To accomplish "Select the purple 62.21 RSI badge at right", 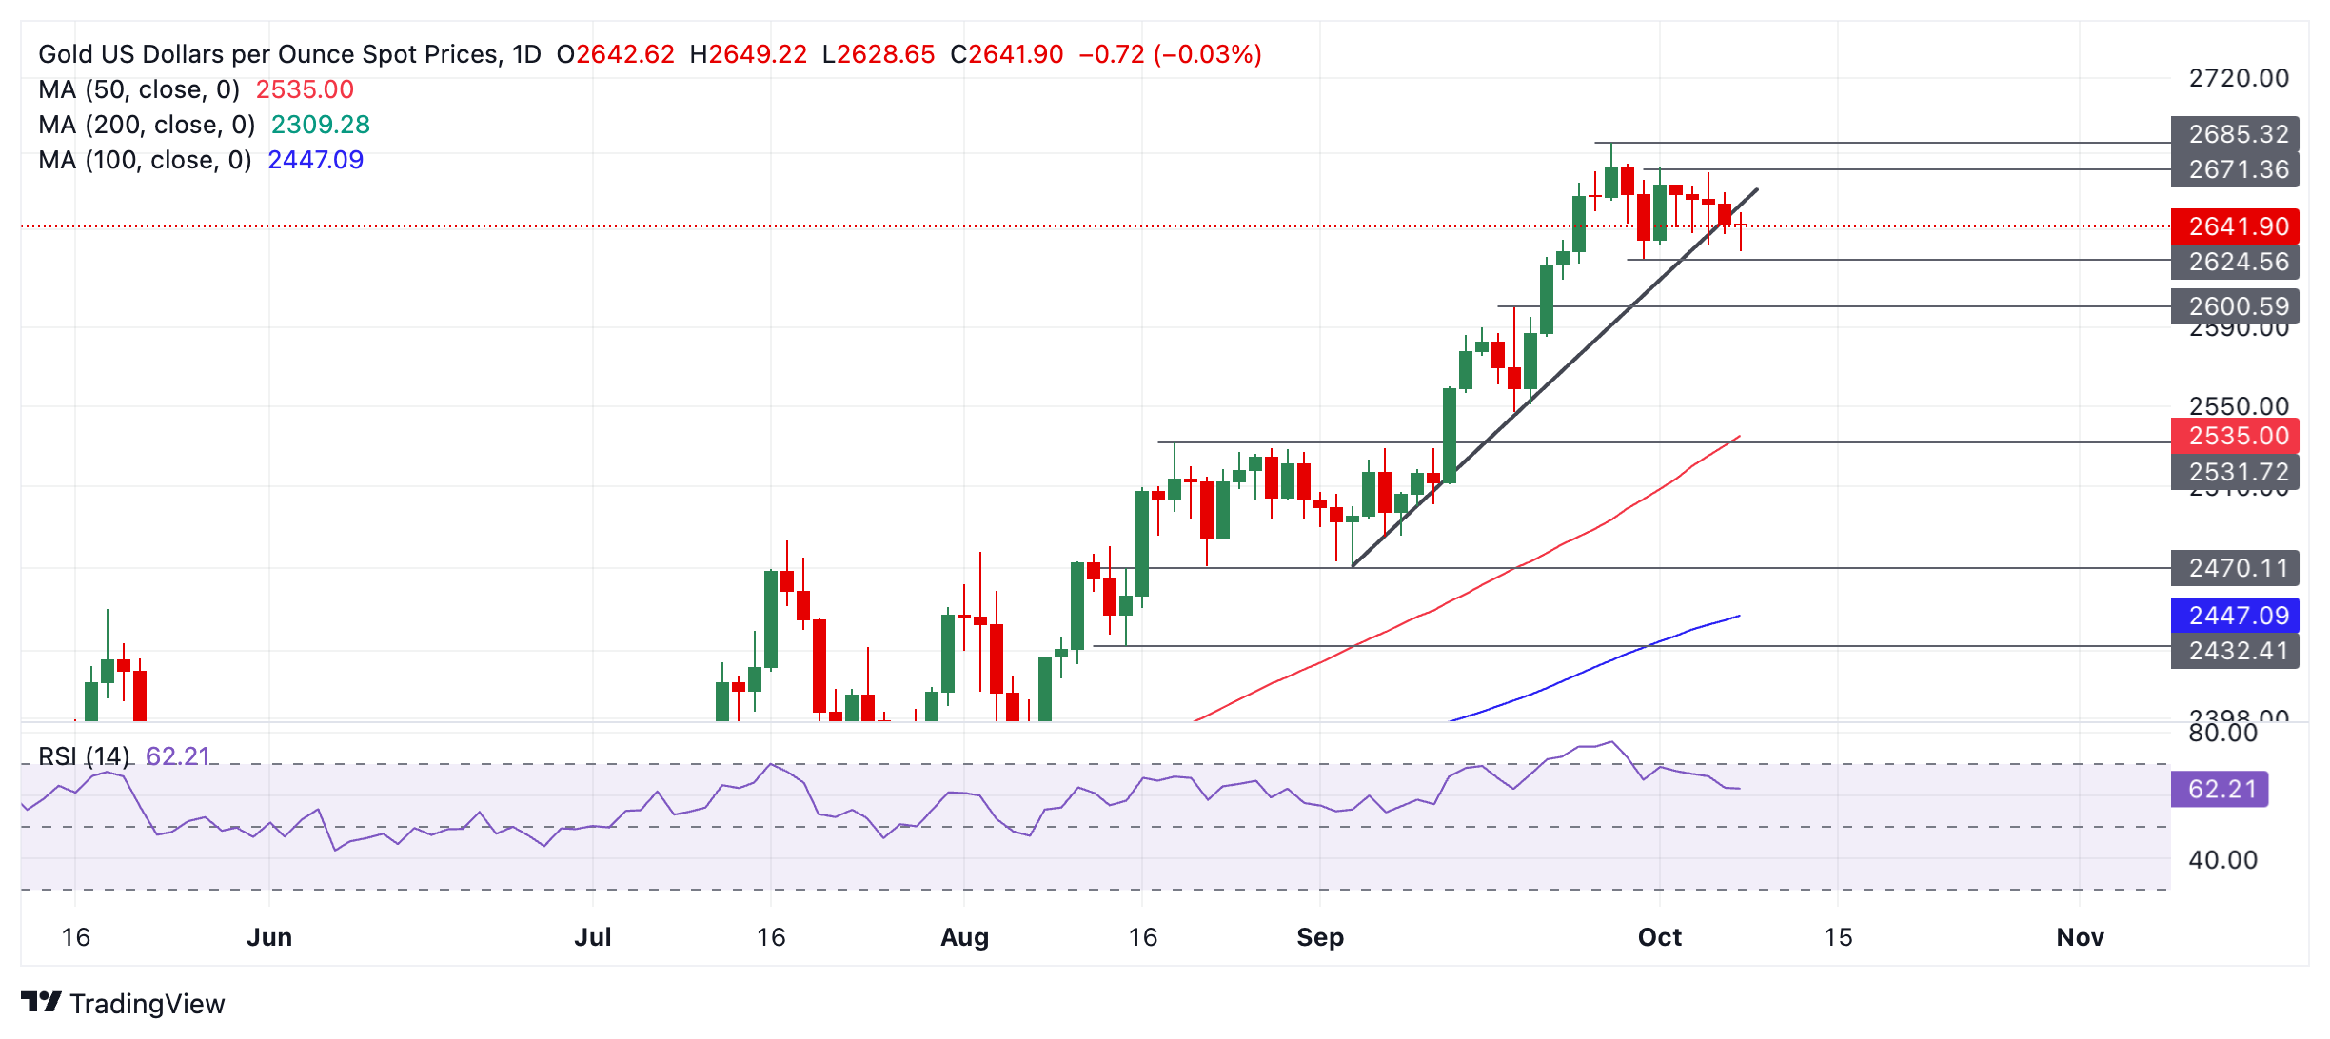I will tap(2220, 789).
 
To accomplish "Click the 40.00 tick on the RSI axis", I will tap(2222, 860).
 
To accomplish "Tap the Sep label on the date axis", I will tap(1320, 937).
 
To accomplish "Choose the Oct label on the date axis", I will tap(1659, 937).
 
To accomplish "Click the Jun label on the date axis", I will tap(269, 937).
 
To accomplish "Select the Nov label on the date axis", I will tap(2080, 937).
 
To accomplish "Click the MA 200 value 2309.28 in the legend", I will tap(321, 125).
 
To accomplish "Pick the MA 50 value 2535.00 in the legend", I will tap(305, 89).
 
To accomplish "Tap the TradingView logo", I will tap(123, 1004).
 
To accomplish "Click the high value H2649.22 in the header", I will tap(748, 54).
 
